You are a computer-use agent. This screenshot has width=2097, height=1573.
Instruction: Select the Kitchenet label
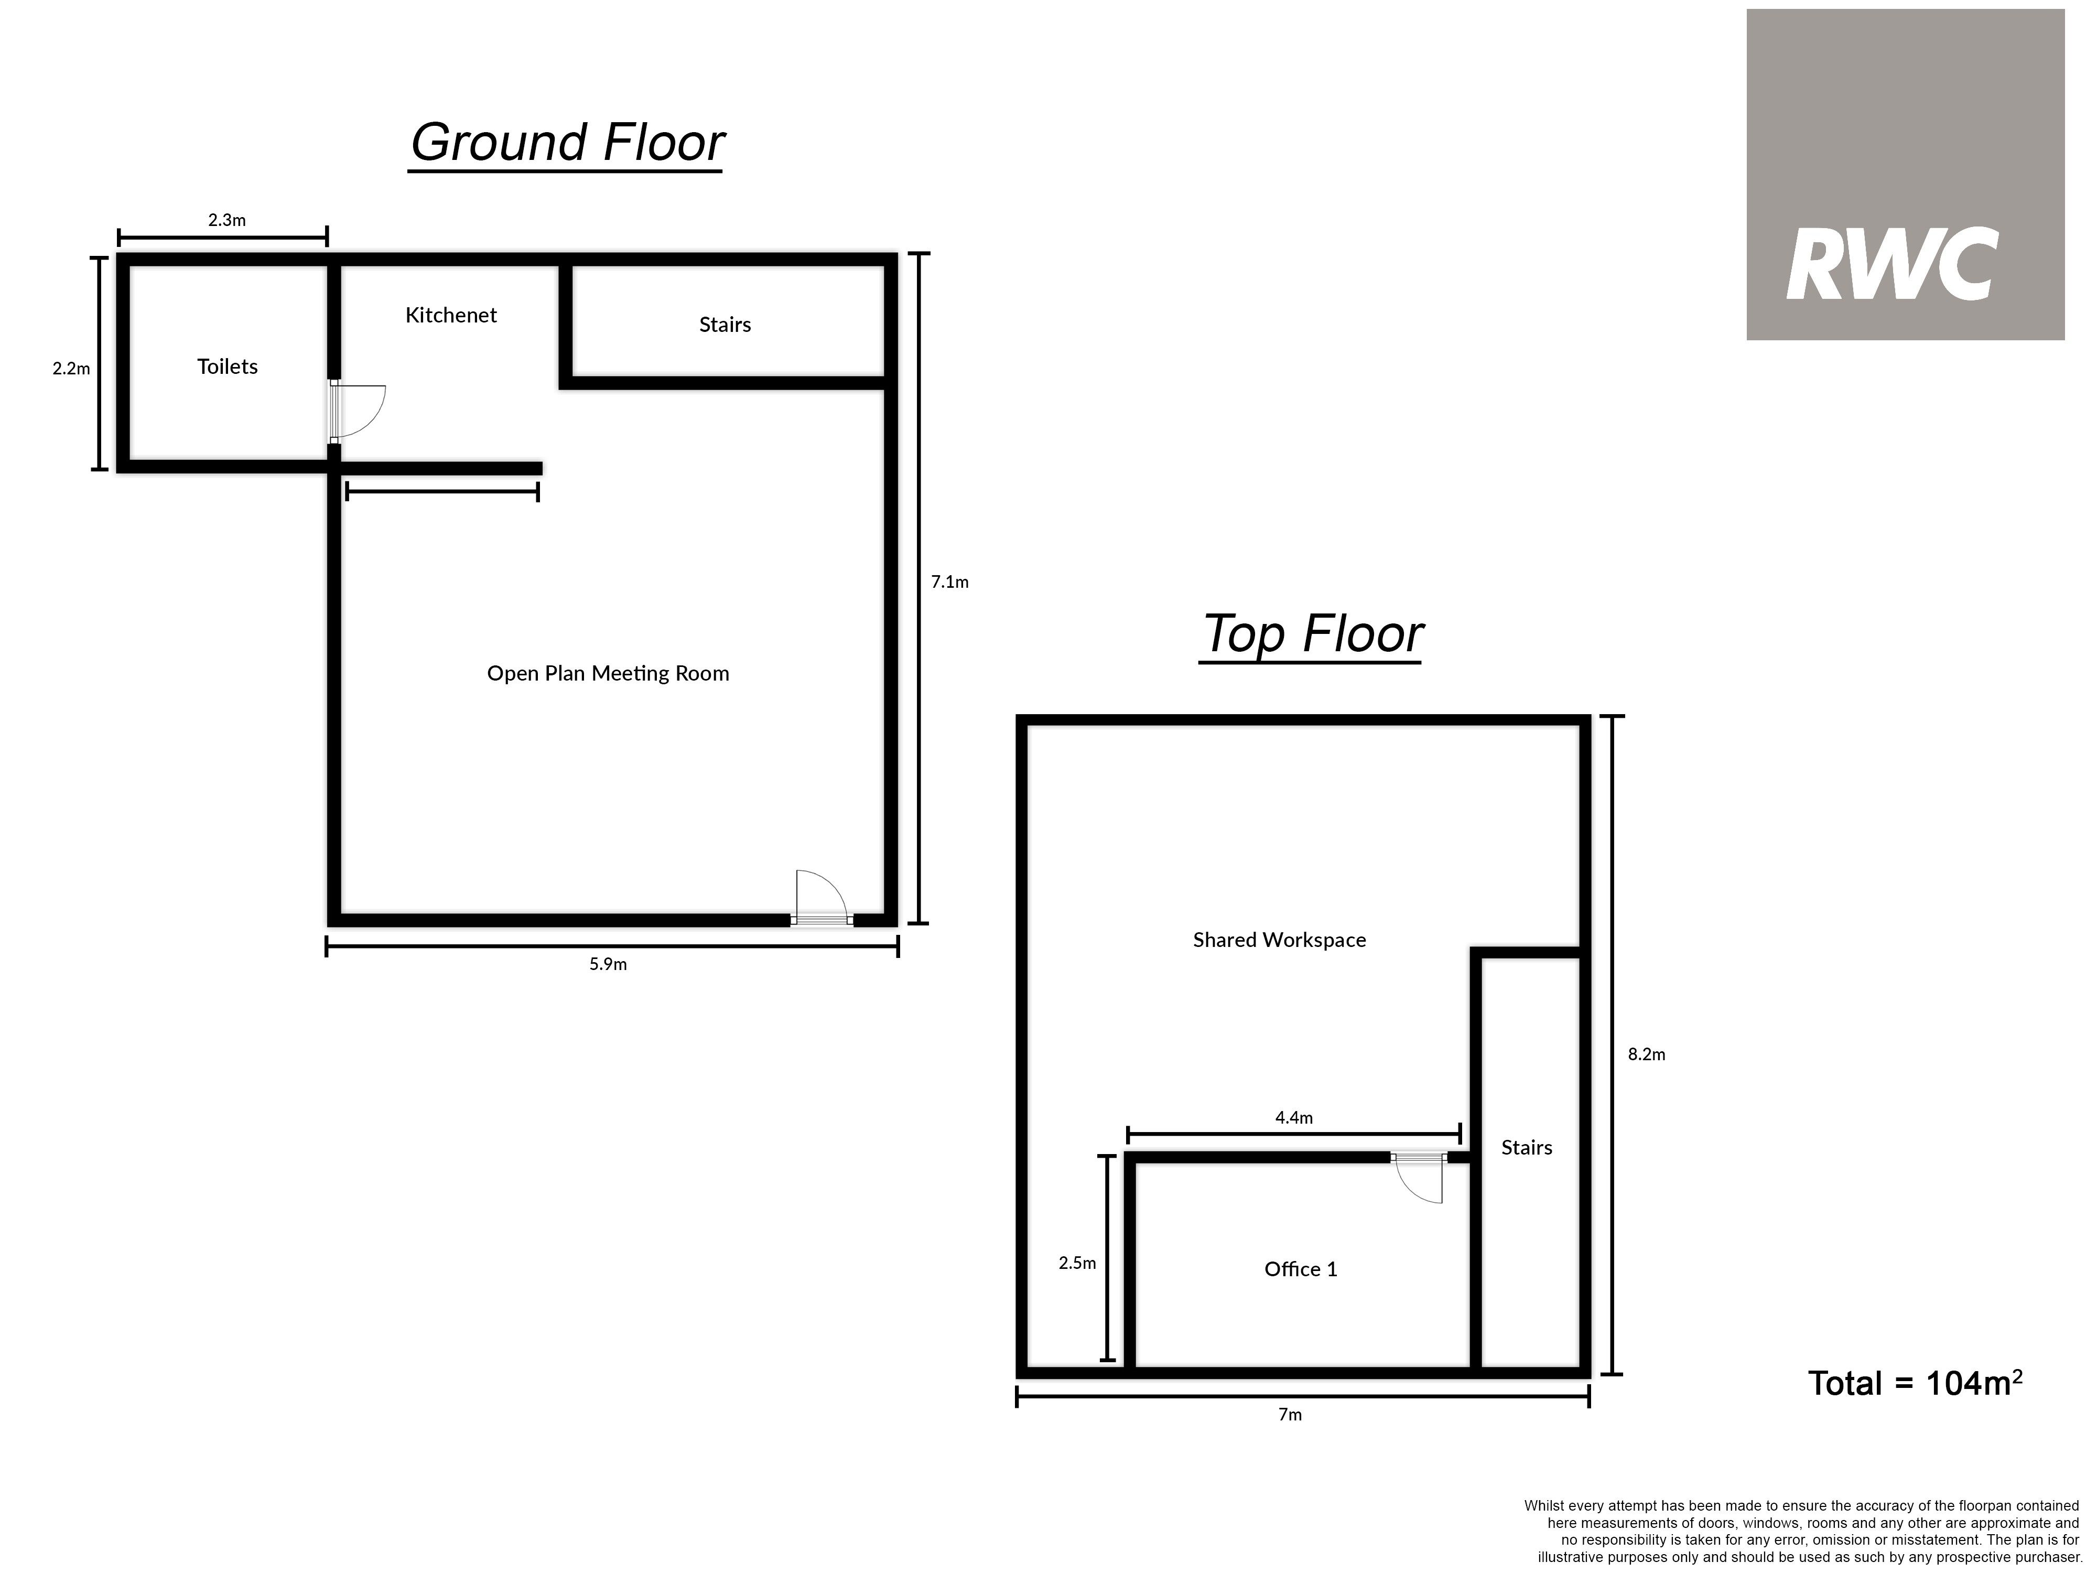(x=451, y=315)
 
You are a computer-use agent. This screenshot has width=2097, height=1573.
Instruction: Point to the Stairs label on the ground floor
(x=725, y=324)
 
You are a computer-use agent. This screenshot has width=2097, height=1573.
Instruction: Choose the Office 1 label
(x=1301, y=1269)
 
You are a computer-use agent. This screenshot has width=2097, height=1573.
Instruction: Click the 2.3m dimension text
(x=228, y=220)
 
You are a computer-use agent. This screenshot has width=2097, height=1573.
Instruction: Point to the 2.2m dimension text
(x=71, y=369)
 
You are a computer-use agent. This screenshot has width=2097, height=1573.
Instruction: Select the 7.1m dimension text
(x=950, y=582)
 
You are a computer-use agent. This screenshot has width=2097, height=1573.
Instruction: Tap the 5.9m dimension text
(x=608, y=964)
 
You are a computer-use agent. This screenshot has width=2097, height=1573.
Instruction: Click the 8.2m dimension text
(x=1647, y=1054)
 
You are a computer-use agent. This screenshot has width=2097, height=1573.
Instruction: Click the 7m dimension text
(x=1290, y=1415)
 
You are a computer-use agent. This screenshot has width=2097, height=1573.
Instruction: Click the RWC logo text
(x=1892, y=265)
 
